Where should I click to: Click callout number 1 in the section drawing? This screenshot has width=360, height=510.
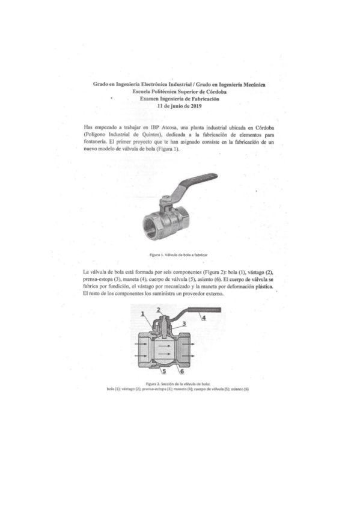click(143, 314)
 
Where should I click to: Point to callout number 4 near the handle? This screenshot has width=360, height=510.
click(204, 317)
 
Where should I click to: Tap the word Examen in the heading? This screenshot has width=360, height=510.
click(151, 99)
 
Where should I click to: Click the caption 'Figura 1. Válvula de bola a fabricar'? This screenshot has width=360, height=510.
click(179, 255)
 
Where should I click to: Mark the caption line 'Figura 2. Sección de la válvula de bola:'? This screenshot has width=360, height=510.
click(179, 383)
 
